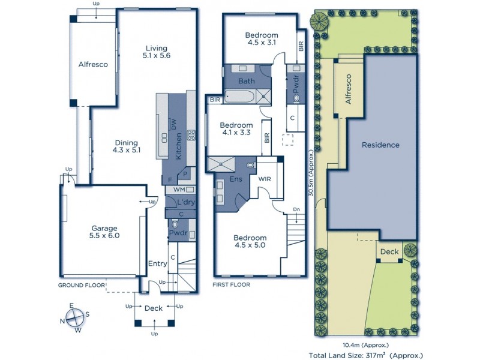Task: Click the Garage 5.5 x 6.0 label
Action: click(x=105, y=232)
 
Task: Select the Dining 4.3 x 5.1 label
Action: click(x=127, y=146)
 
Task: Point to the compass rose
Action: click(x=75, y=317)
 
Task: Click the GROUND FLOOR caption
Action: click(x=82, y=285)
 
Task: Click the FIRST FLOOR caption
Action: click(x=232, y=285)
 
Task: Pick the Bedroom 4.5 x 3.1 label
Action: click(x=262, y=39)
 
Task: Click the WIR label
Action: click(x=266, y=179)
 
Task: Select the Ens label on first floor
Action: click(x=236, y=179)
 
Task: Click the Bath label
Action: click(x=247, y=81)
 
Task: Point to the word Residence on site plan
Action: click(x=380, y=145)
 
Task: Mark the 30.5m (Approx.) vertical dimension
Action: click(x=311, y=174)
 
